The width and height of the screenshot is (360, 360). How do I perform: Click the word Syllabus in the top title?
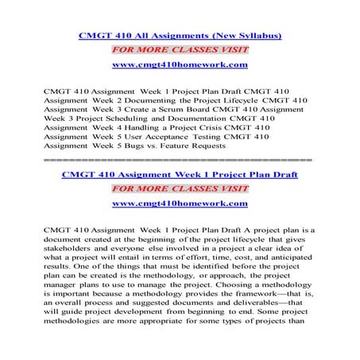253,36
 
